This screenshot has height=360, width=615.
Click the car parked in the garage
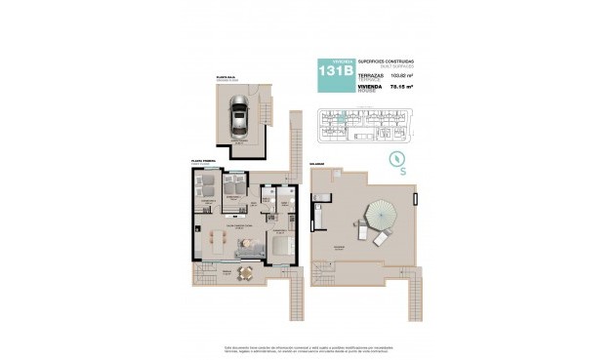[x=238, y=118]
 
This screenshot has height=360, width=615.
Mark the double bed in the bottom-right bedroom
[x=279, y=245]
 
